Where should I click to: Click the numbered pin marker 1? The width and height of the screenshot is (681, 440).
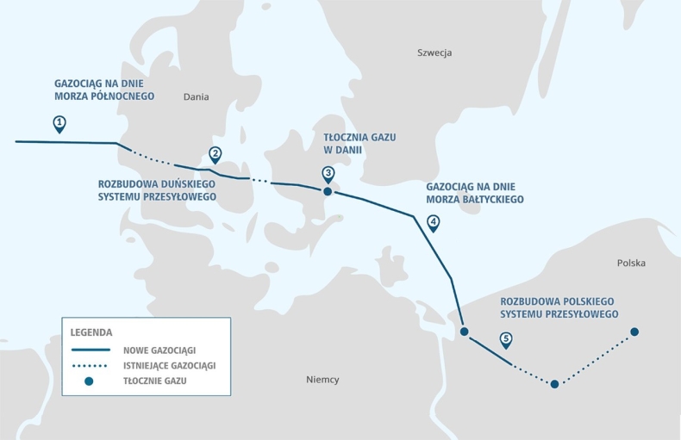tap(59, 123)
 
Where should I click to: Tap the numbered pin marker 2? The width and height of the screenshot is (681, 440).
tap(215, 154)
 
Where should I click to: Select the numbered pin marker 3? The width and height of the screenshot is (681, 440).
tap(328, 173)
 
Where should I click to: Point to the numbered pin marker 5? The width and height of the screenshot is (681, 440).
tap(506, 338)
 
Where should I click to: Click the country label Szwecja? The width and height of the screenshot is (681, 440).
tap(434, 53)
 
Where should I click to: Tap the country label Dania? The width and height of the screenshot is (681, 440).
tap(197, 97)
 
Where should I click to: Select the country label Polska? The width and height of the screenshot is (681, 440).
tap(631, 263)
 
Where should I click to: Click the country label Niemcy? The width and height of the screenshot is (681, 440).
tap(322, 380)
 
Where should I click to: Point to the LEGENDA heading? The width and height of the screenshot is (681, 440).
tap(91, 332)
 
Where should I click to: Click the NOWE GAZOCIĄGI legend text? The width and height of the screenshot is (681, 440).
tap(160, 350)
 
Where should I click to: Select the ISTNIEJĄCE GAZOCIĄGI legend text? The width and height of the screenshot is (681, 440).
tap(170, 365)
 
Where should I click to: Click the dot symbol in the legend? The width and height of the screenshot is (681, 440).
tap(89, 381)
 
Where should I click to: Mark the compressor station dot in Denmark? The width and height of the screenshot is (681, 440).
tap(328, 191)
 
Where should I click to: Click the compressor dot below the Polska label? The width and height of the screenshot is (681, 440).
tap(634, 332)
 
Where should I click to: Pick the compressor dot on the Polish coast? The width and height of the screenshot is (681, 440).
tap(464, 332)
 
